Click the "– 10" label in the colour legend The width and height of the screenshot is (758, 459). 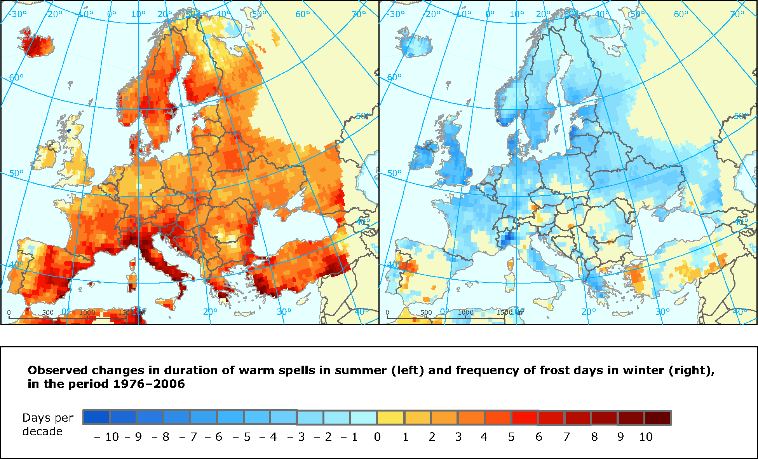tap(106, 437)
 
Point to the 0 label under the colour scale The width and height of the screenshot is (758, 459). tap(377, 437)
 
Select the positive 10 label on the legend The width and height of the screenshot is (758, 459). tap(646, 437)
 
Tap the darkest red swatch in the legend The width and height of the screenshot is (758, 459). tap(658, 418)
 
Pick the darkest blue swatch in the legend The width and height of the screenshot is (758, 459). tap(97, 418)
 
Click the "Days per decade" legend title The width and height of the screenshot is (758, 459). tap(47, 424)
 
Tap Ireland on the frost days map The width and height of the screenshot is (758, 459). tap(423, 156)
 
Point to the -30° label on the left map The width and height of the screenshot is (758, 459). tap(17, 14)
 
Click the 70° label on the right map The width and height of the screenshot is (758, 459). tap(737, 14)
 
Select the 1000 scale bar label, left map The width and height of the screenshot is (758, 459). tap(87, 312)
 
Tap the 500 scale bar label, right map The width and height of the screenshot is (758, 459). tap(426, 312)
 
